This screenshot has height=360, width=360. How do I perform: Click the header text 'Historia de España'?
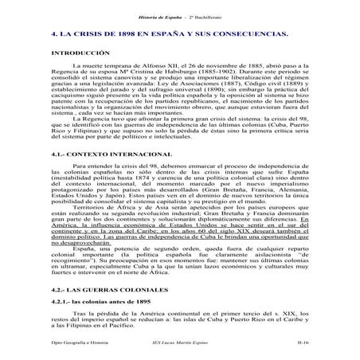(x=152, y=7)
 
